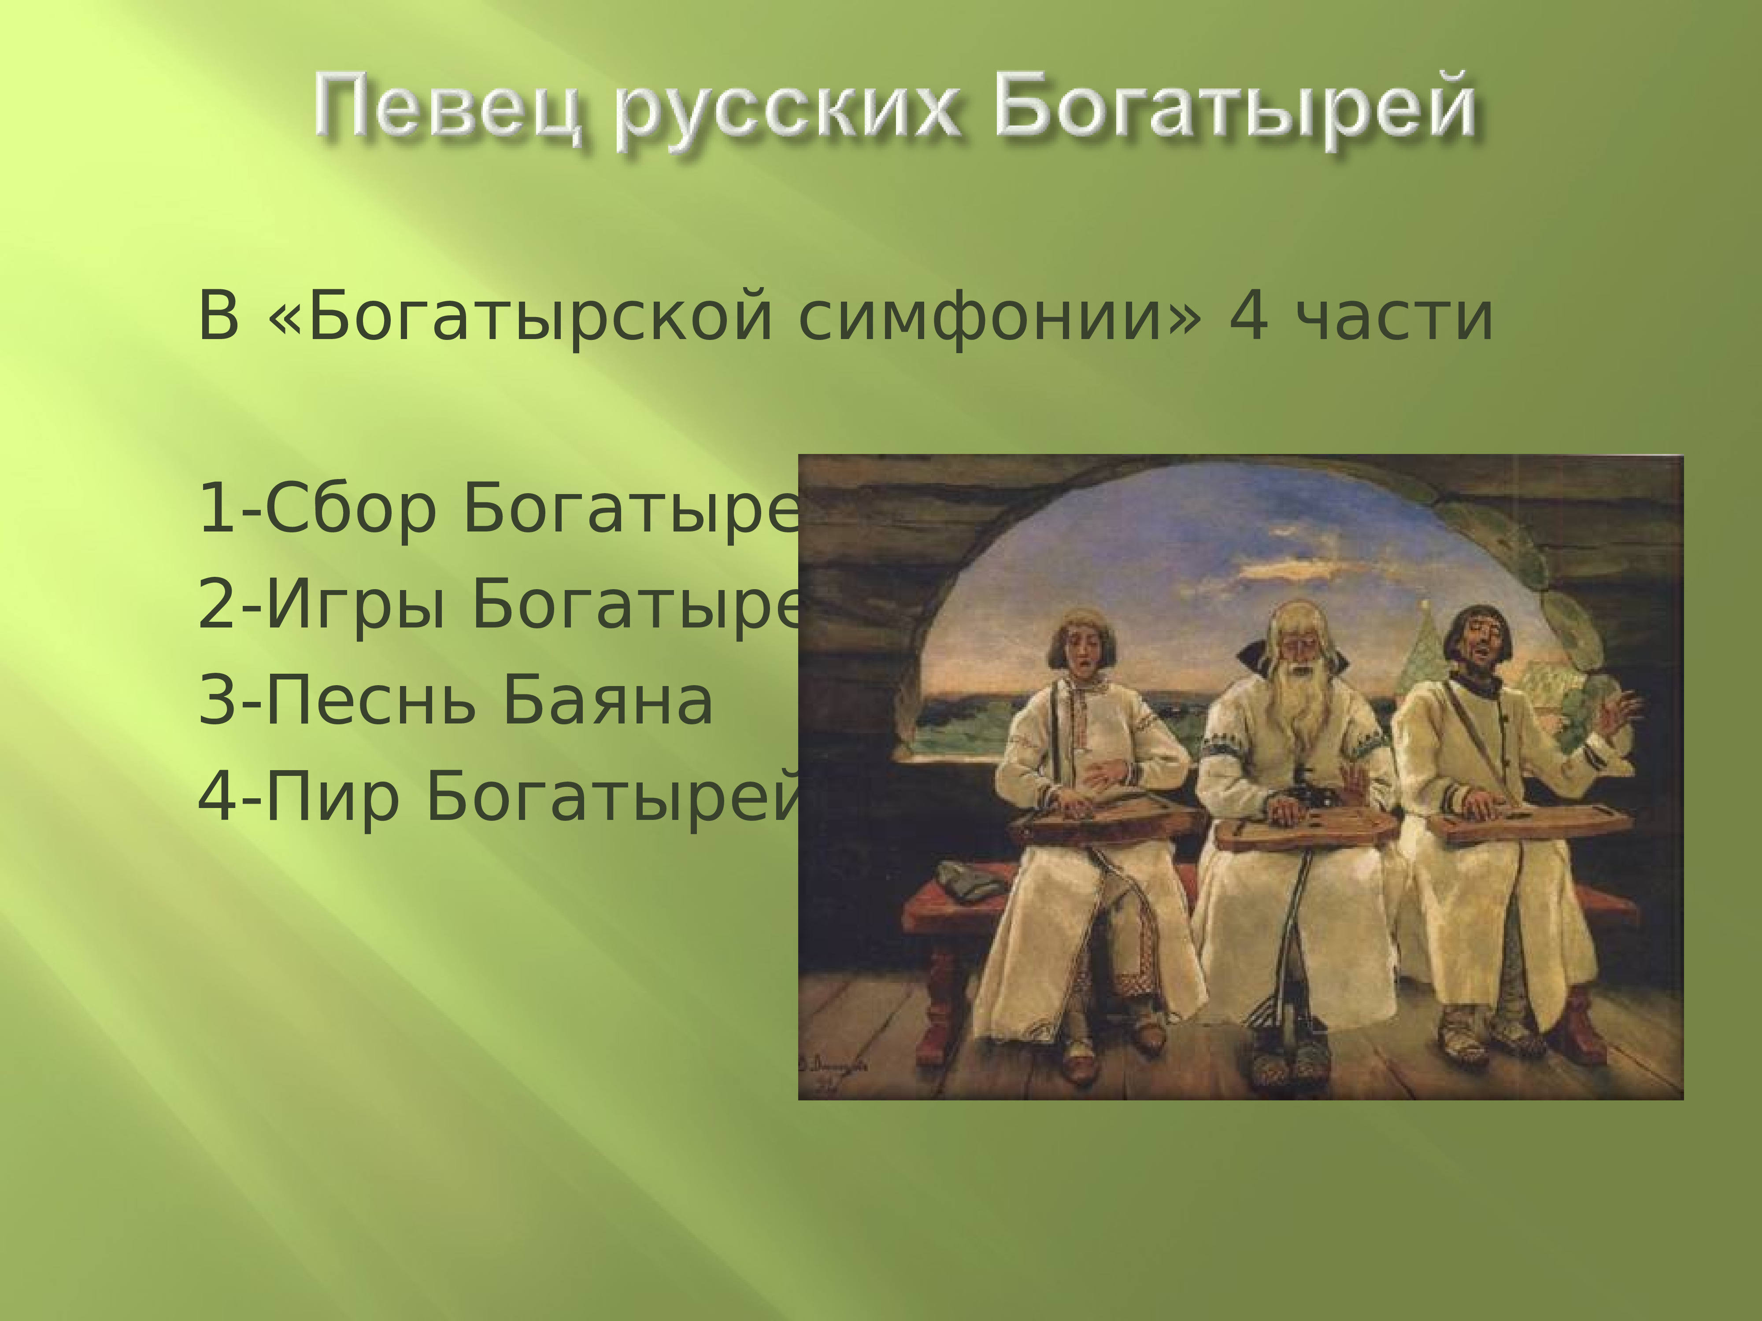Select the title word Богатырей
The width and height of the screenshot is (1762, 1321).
(1235, 107)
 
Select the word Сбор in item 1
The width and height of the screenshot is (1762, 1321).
(351, 509)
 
